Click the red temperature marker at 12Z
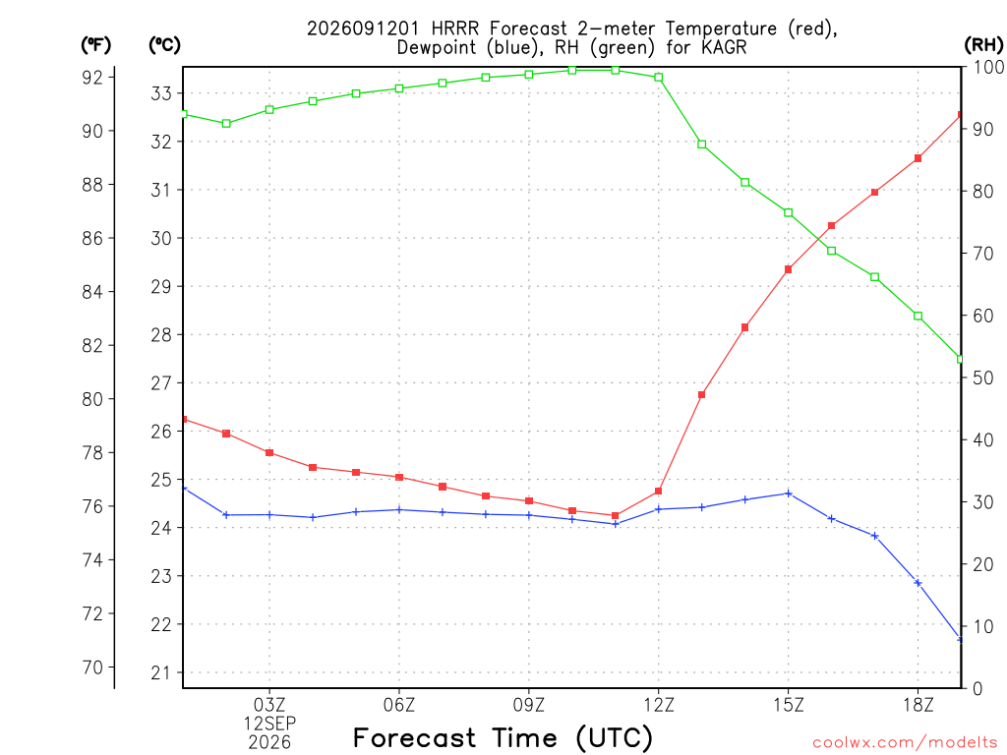[x=658, y=492]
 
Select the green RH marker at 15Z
[x=788, y=212]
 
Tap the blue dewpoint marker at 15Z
[x=788, y=494]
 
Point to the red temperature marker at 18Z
[x=918, y=158]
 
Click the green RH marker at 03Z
[x=269, y=110]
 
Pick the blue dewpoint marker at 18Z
[x=918, y=583]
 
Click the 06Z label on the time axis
[x=399, y=706]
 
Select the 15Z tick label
[x=788, y=706]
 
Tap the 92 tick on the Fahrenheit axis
[x=92, y=78]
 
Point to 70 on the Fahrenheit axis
[x=92, y=668]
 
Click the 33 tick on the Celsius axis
[x=161, y=93]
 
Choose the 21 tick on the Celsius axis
[x=161, y=672]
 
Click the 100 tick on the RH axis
[x=988, y=67]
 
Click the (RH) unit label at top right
[x=983, y=44]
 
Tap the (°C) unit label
[x=164, y=45]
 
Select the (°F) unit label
[x=95, y=45]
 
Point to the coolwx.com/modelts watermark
[x=905, y=742]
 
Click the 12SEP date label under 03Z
[x=269, y=724]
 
